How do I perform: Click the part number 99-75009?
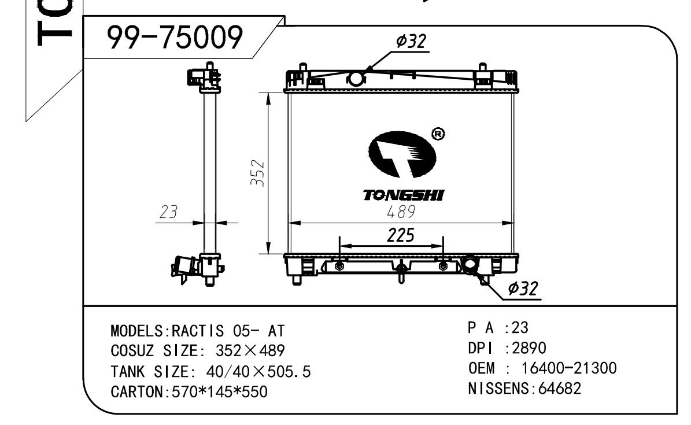[x=175, y=37]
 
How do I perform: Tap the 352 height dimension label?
[x=258, y=173]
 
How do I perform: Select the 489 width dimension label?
[x=401, y=212]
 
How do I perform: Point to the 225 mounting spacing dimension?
[x=401, y=235]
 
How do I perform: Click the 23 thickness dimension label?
[x=168, y=212]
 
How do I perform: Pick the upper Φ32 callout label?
[x=411, y=42]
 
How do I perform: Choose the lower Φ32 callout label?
[x=523, y=289]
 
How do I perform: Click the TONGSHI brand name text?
[x=404, y=195]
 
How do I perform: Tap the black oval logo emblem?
[x=401, y=155]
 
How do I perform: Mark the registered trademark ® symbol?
[x=438, y=134]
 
